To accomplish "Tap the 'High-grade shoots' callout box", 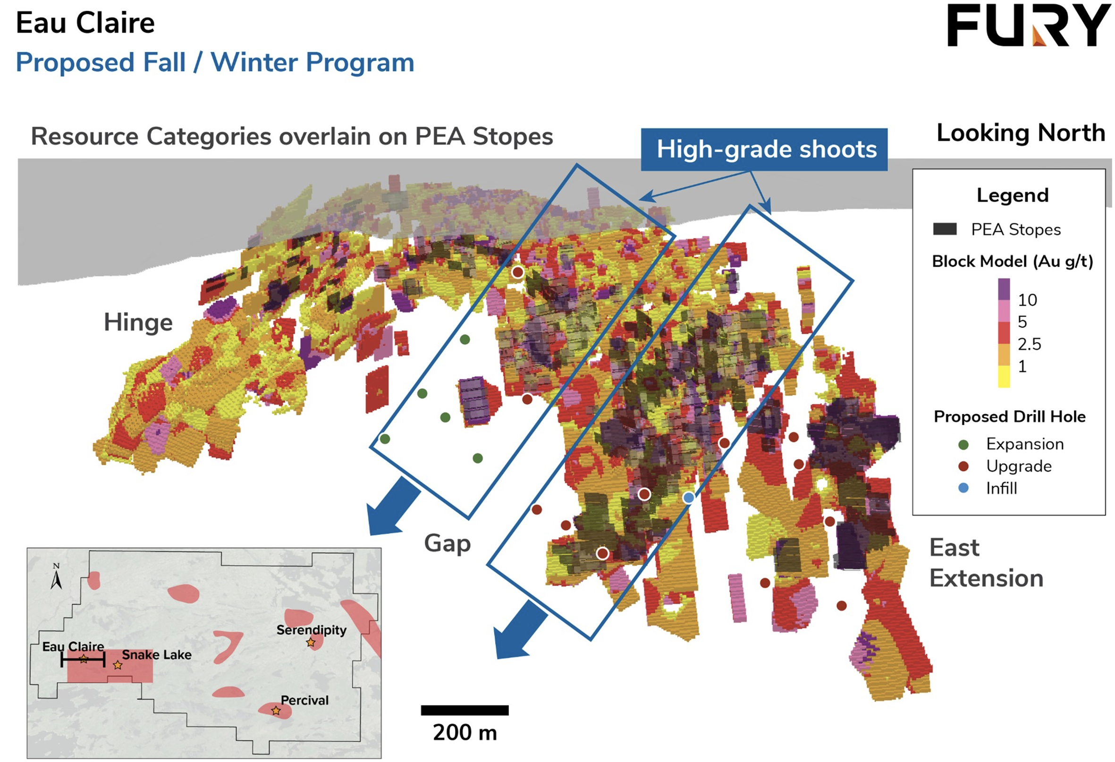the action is (x=764, y=149).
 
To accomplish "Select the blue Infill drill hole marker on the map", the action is (x=688, y=498).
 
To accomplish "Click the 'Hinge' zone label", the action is (x=138, y=322).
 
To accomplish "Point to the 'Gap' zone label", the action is (x=447, y=544).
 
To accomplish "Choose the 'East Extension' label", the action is (x=987, y=562).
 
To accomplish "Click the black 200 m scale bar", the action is (x=465, y=710).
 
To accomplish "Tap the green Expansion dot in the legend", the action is (x=963, y=444).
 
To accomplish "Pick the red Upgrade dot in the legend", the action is (x=963, y=466).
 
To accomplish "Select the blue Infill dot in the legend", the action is (x=963, y=488).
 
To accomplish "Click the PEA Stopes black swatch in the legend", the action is (x=945, y=229).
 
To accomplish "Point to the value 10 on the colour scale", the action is (x=1027, y=300).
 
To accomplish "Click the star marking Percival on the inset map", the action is (x=276, y=711).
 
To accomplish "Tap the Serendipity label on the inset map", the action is (x=312, y=629).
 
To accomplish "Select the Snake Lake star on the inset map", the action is (x=118, y=665).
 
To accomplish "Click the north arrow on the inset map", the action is (x=56, y=576).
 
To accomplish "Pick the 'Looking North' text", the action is (x=1021, y=133).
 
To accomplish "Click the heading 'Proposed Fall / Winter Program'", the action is (x=215, y=62).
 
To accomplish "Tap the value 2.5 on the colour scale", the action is (x=1030, y=344).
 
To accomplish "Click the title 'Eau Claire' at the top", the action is (x=85, y=23).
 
